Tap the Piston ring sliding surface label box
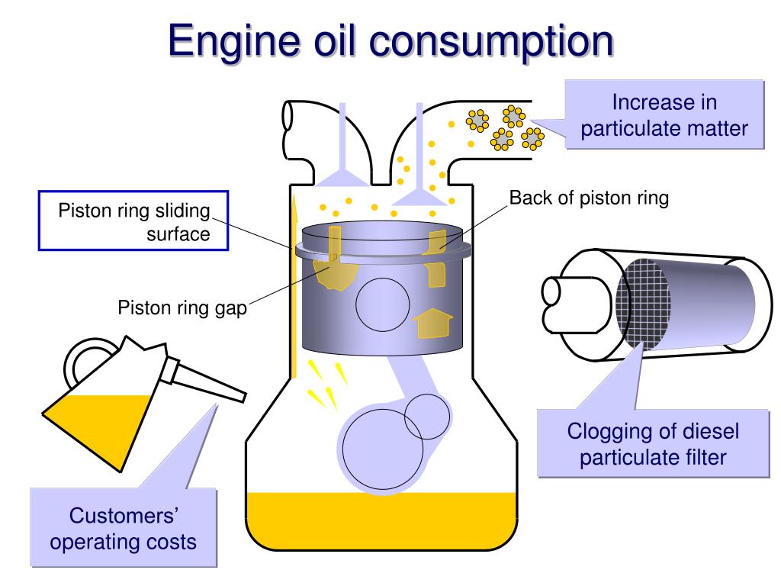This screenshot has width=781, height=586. (133, 221)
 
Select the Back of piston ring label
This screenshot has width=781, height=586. (589, 198)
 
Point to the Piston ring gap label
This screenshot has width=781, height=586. (182, 308)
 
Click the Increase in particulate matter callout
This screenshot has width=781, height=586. (664, 114)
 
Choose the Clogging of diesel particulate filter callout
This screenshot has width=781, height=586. (653, 443)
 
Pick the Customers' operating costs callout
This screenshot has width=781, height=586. (124, 528)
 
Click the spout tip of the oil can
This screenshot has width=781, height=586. (243, 397)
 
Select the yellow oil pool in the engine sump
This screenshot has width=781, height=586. (381, 520)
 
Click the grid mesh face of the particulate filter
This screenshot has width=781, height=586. (642, 303)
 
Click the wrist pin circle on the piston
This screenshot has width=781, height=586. (383, 304)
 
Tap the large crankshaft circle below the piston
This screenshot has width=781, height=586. (383, 449)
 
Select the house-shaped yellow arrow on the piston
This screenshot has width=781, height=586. (433, 323)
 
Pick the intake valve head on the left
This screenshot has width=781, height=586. (342, 178)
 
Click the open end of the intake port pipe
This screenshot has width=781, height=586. (288, 117)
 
